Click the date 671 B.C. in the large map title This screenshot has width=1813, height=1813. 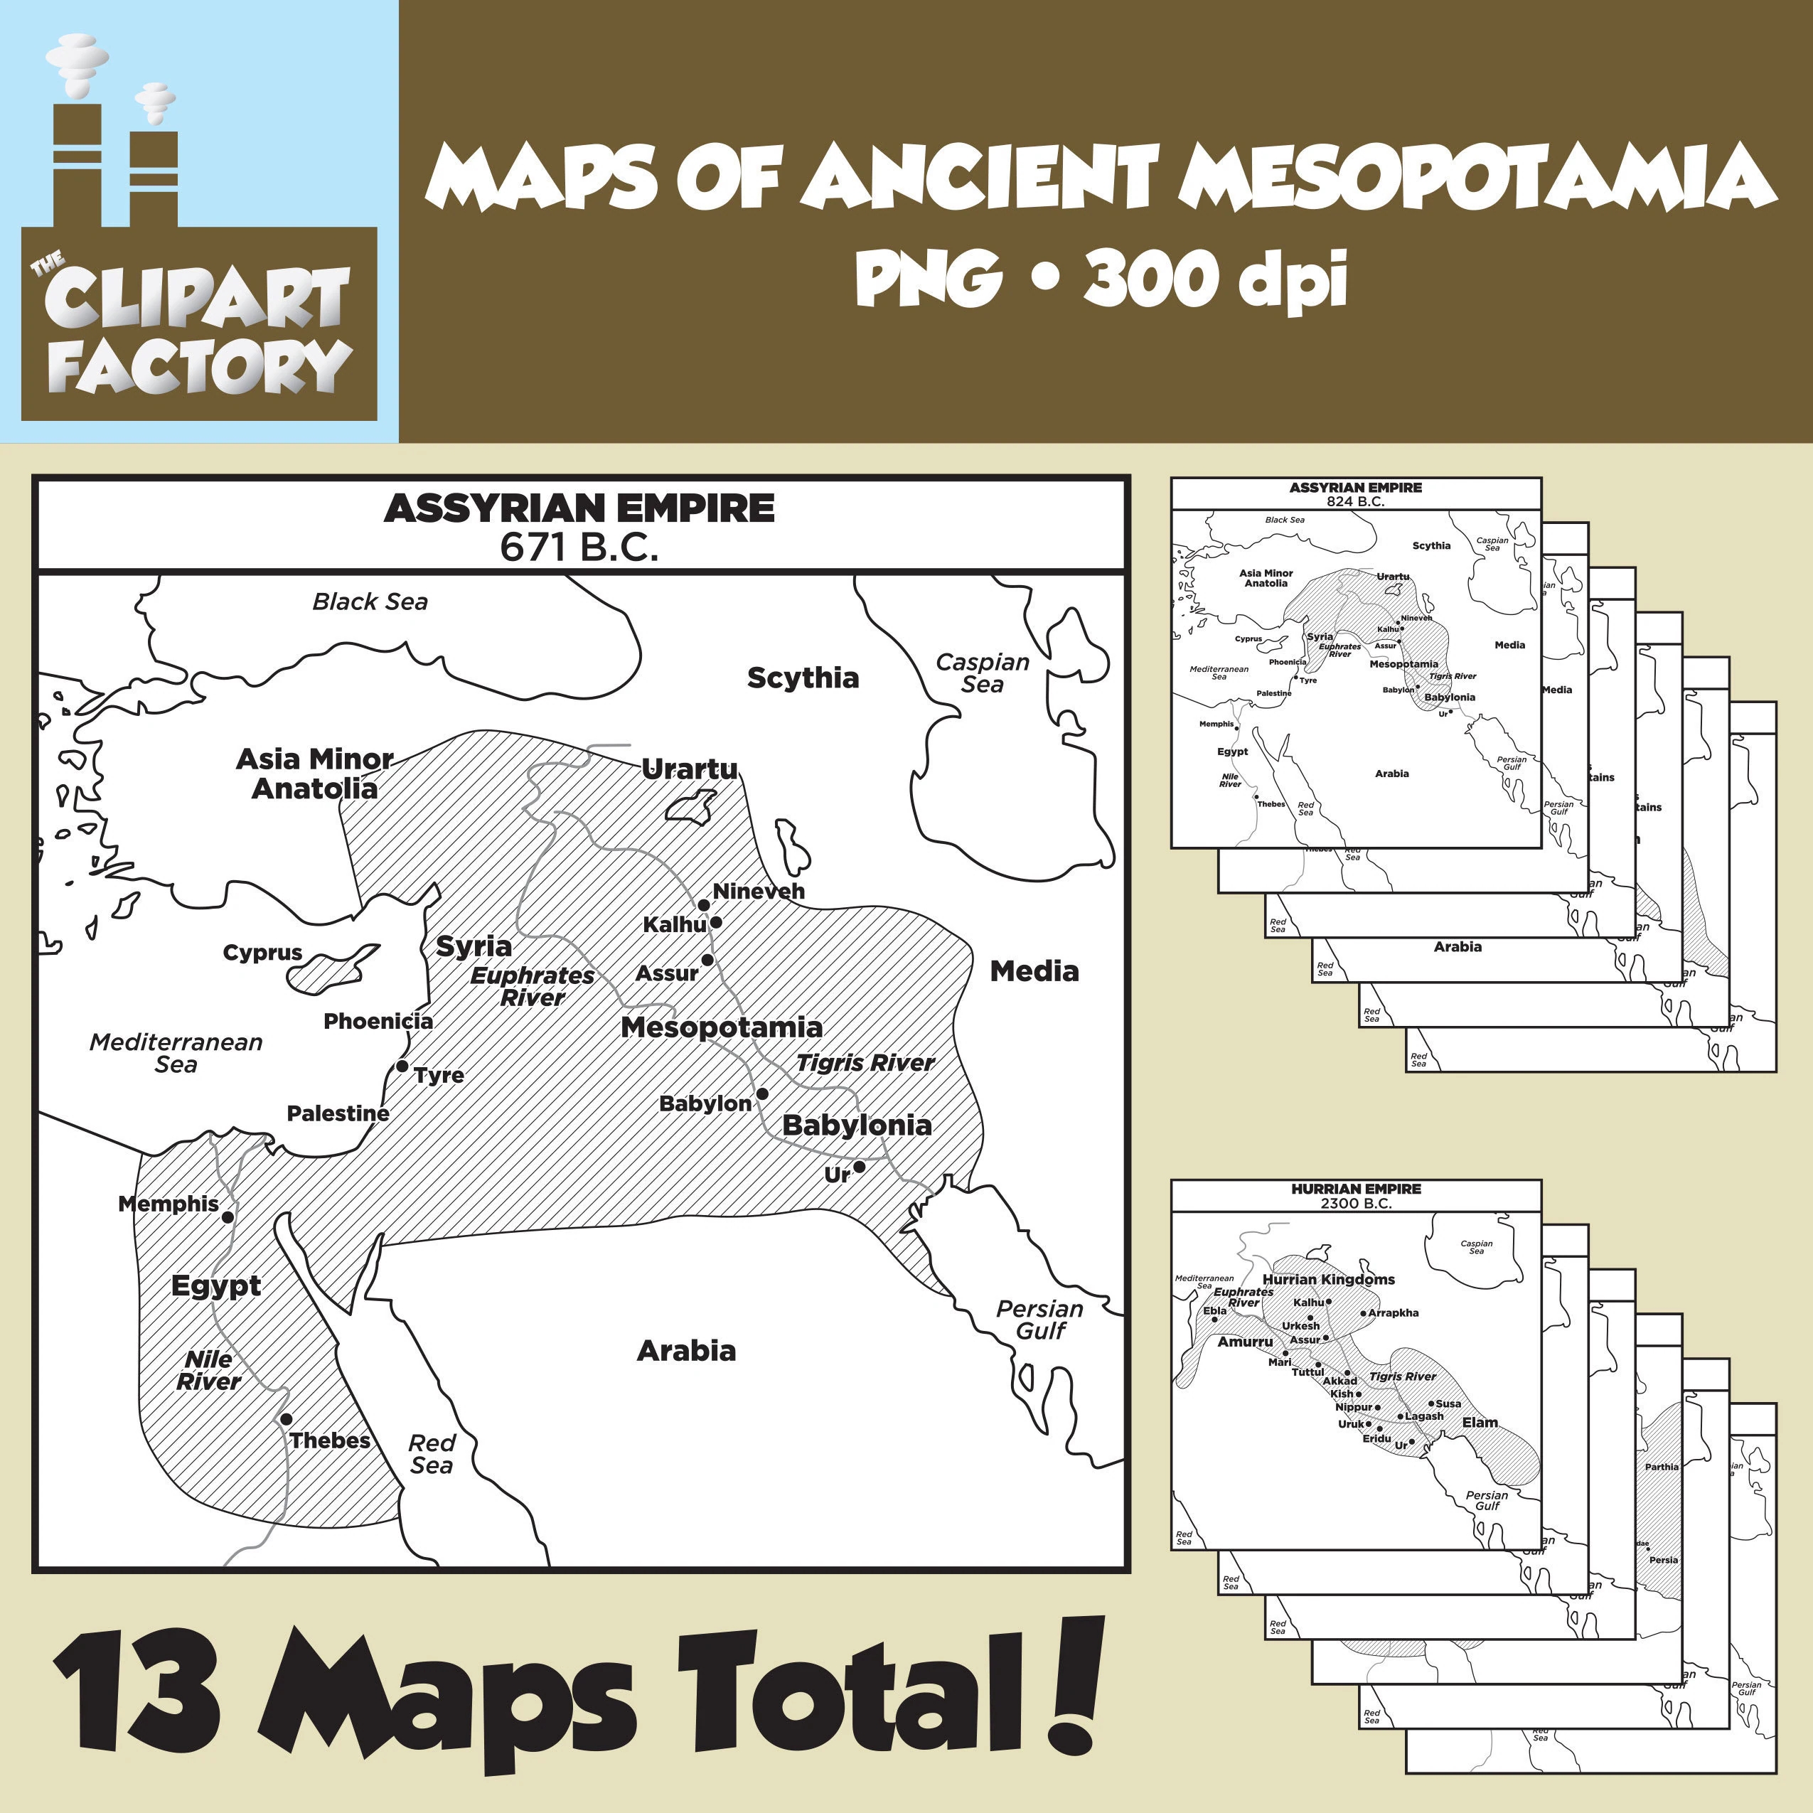tap(579, 547)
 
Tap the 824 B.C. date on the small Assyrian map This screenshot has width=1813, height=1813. tap(1355, 502)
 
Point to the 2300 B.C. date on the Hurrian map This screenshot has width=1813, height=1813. tap(1355, 1203)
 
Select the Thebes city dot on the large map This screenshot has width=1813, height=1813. tap(287, 1420)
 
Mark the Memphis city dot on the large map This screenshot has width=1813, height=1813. tap(227, 1217)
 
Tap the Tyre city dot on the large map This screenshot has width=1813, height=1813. tap(402, 1066)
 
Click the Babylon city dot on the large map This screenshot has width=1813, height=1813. tap(762, 1094)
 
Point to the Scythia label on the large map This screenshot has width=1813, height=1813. tap(802, 678)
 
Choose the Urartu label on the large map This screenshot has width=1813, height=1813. tap(690, 769)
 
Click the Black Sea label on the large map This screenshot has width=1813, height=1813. tap(370, 601)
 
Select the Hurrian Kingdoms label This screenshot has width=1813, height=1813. tap(1328, 1280)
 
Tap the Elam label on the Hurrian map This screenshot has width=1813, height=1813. tap(1480, 1423)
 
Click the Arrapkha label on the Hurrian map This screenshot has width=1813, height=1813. tap(1394, 1313)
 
